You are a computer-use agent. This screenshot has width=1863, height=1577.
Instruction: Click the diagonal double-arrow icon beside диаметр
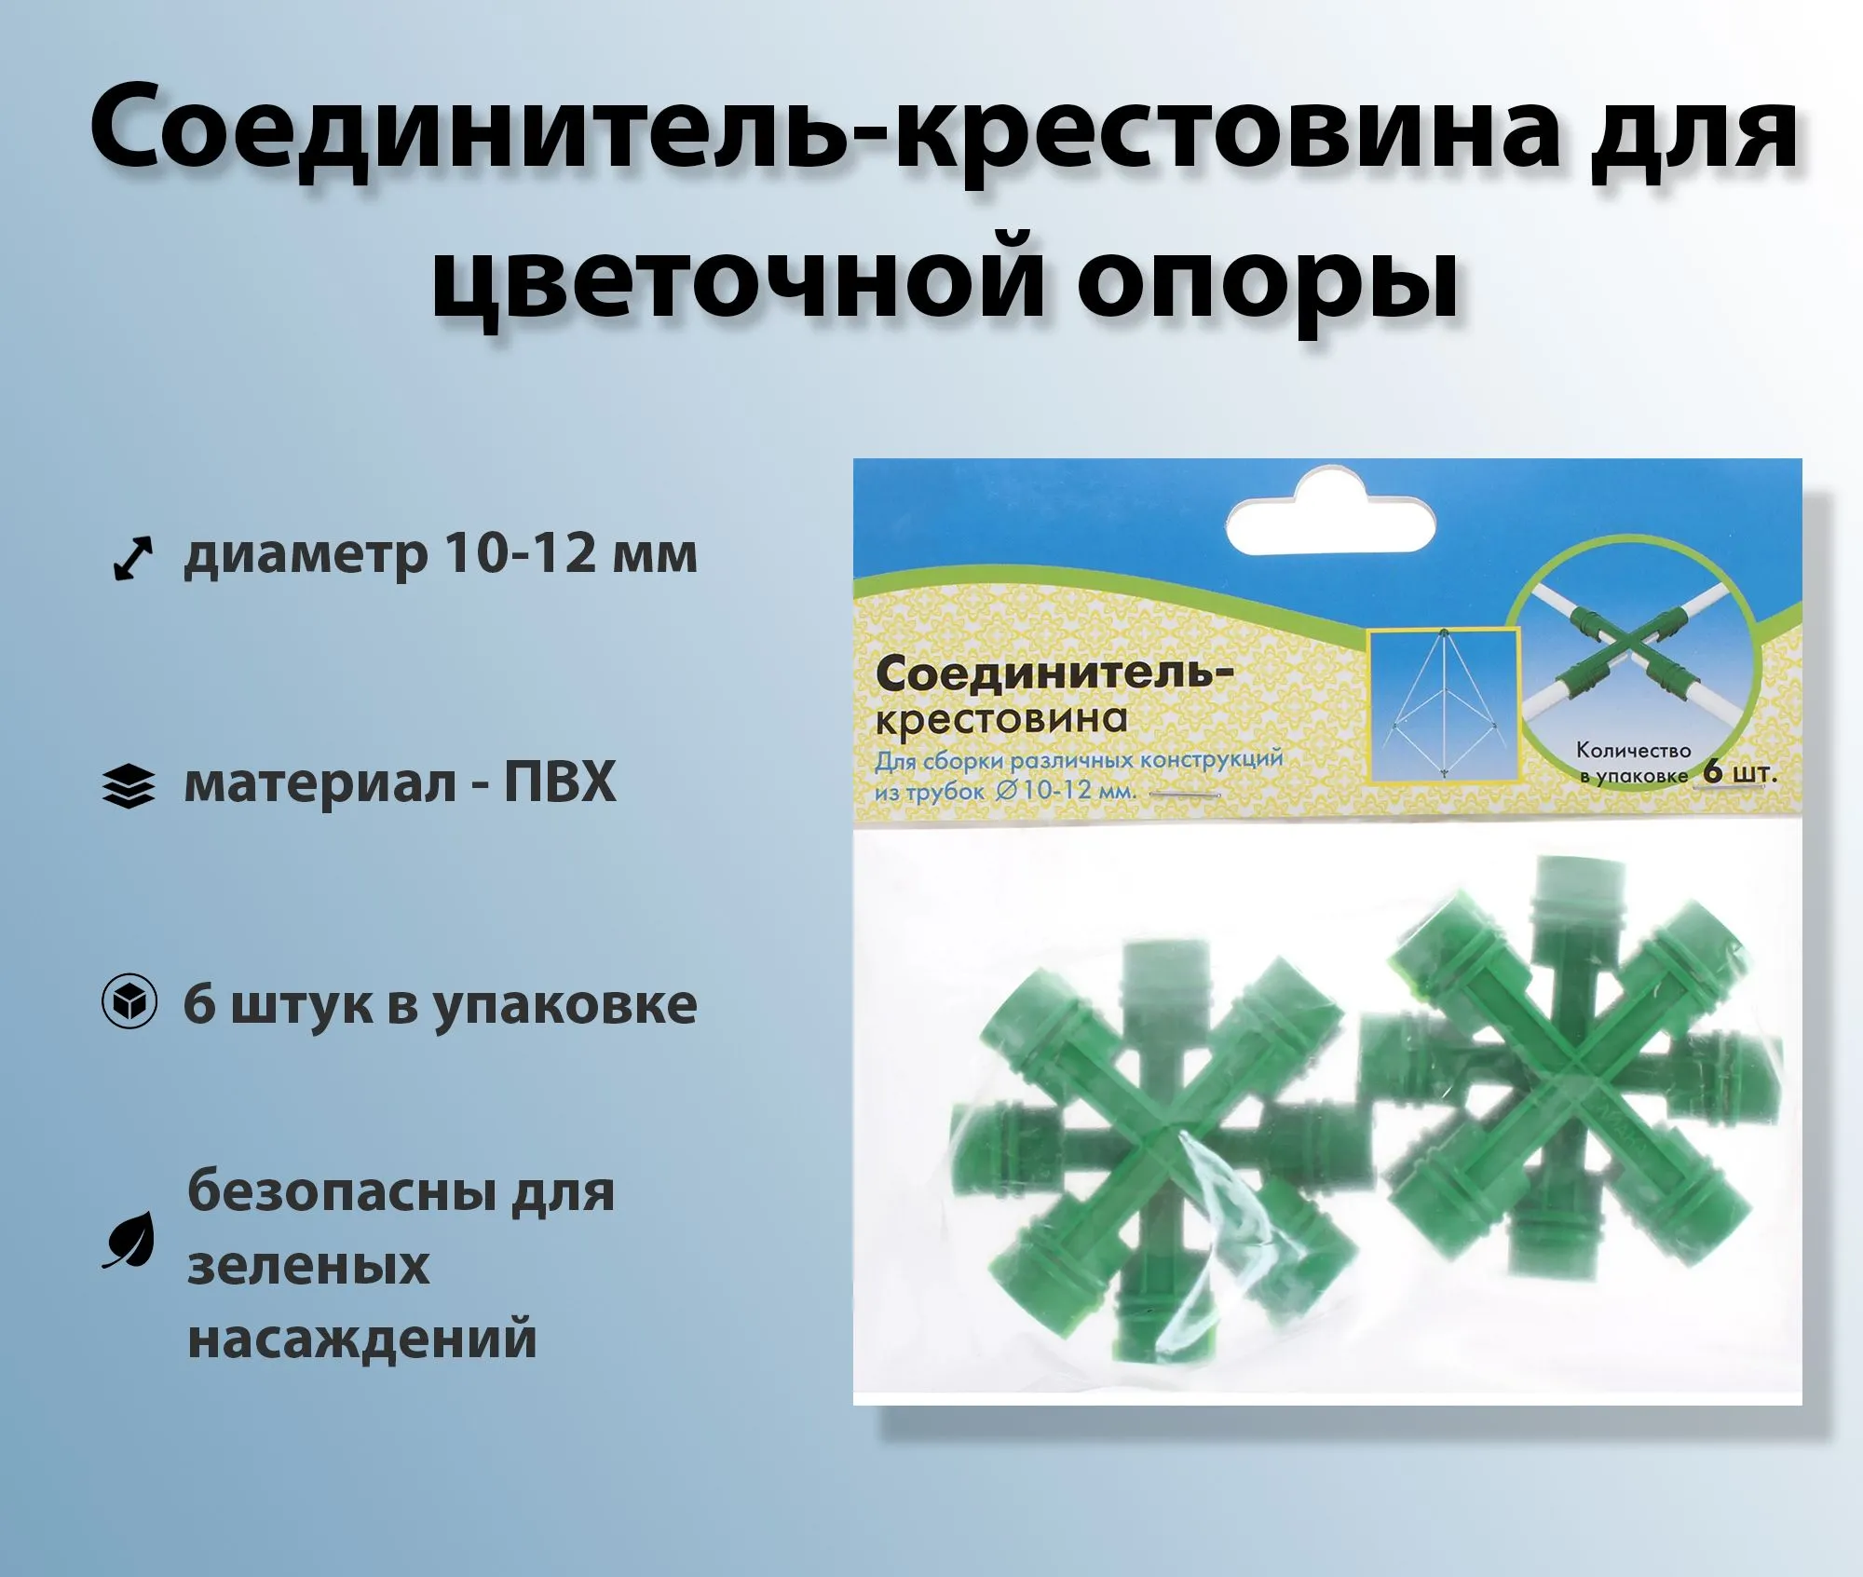pyautogui.click(x=132, y=559)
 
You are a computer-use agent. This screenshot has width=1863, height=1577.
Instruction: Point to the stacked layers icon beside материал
pyautogui.click(x=128, y=786)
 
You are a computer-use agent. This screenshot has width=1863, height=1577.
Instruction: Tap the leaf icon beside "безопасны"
pyautogui.click(x=129, y=1240)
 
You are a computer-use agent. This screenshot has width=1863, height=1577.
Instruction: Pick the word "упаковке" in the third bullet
pyautogui.click(x=565, y=1007)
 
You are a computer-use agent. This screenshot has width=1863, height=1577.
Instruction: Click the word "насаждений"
pyautogui.click(x=362, y=1339)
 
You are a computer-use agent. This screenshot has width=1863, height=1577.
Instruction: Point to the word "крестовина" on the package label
pyautogui.click(x=1001, y=717)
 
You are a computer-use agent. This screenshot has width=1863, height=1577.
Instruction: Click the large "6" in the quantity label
pyautogui.click(x=1712, y=771)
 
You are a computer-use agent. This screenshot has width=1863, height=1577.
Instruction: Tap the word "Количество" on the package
pyautogui.click(x=1633, y=750)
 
